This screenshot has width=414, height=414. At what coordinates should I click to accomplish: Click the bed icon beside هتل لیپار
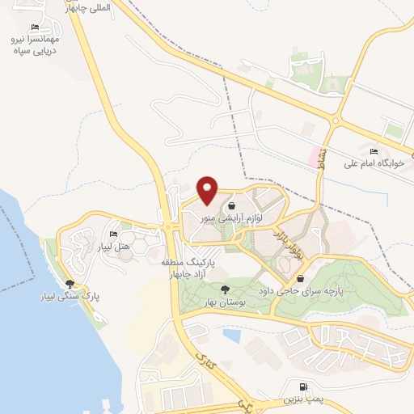tap(113, 234)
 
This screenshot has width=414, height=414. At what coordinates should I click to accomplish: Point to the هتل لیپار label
tap(113, 246)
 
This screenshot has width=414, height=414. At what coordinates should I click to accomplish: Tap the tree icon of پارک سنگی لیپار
tap(70, 284)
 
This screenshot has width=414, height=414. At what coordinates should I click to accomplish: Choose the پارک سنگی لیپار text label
tap(71, 296)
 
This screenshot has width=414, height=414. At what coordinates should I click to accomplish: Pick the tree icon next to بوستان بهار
tap(225, 289)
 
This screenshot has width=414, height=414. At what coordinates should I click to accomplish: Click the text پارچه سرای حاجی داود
tap(312, 289)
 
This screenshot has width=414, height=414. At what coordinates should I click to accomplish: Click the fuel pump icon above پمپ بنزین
tap(303, 387)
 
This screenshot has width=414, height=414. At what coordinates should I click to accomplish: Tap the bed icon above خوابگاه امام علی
tap(374, 152)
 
